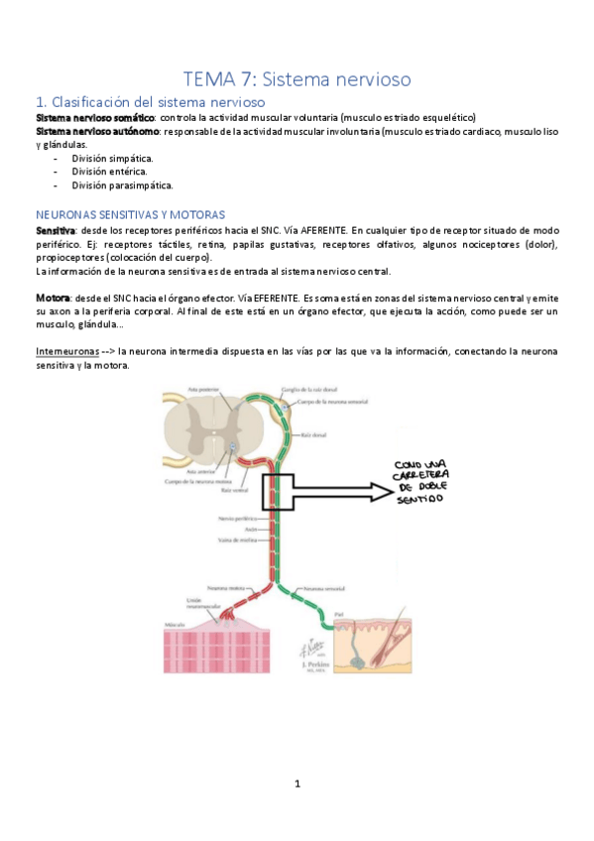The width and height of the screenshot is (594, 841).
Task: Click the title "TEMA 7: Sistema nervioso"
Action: tap(297, 77)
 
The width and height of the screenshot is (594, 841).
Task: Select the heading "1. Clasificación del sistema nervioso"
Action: tap(150, 101)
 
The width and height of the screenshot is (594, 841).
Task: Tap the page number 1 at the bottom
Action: tap(297, 783)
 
